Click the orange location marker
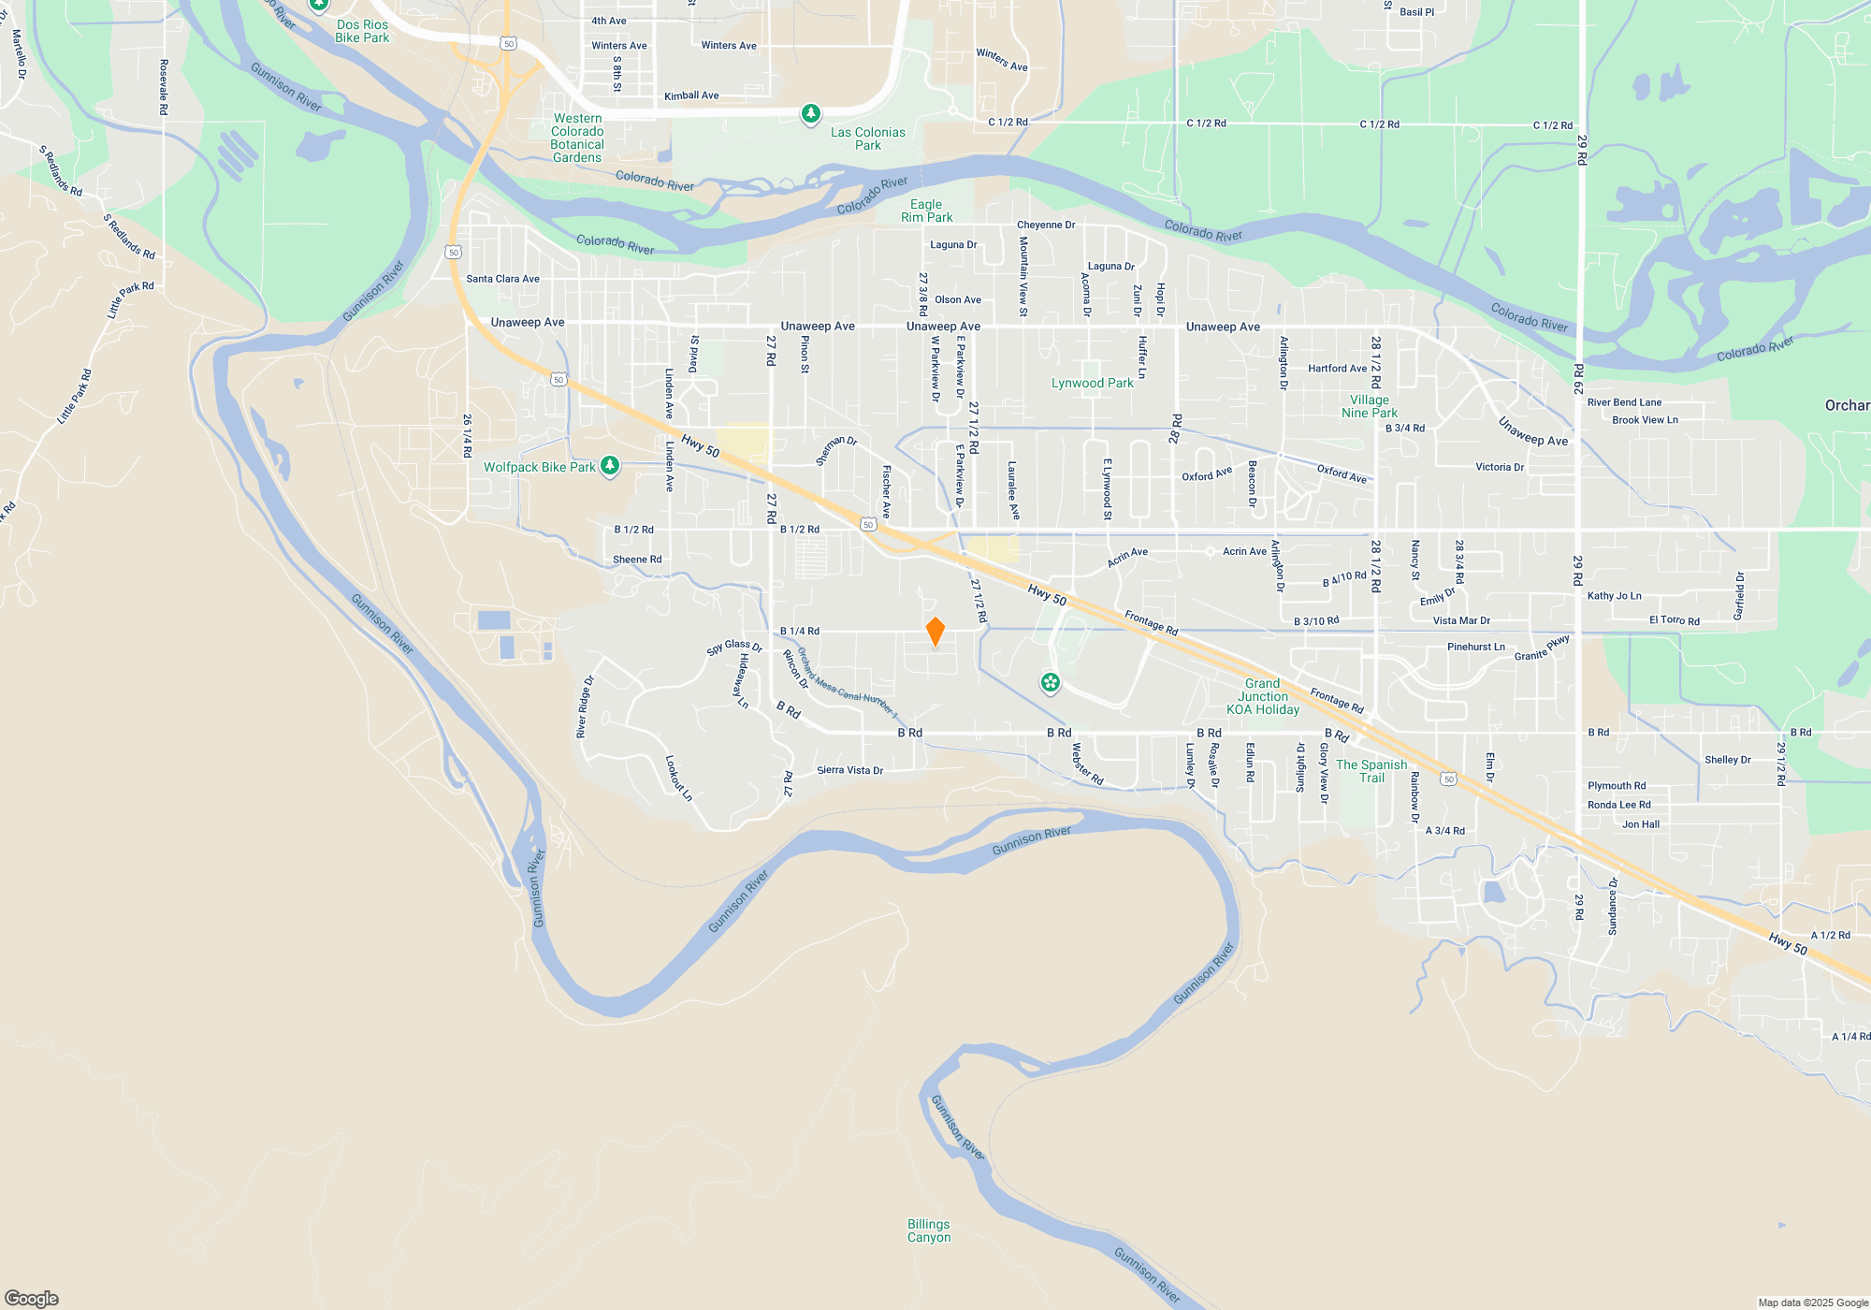(935, 632)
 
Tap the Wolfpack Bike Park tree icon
(610, 465)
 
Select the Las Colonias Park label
(868, 138)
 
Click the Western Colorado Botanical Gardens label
(577, 138)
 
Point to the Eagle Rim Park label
(926, 211)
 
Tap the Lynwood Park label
(1092, 383)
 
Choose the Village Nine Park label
(1370, 406)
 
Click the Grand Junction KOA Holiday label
(1263, 696)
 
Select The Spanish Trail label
(1371, 771)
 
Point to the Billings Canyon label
(929, 1230)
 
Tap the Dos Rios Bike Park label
(362, 31)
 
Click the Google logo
(32, 1298)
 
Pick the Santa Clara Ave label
(502, 279)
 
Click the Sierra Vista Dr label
(849, 770)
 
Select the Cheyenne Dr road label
(1046, 225)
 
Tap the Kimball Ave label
(691, 95)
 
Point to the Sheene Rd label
(637, 560)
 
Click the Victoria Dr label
(1500, 467)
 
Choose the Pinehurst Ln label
(1476, 647)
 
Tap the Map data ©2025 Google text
(1813, 1303)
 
